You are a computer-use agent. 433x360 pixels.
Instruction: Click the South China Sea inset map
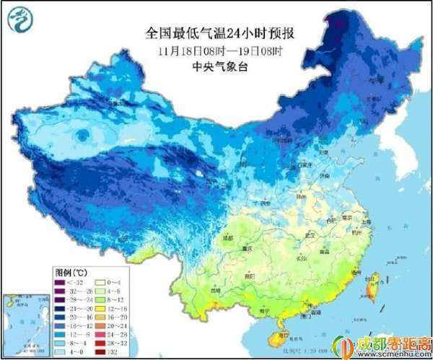26,324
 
